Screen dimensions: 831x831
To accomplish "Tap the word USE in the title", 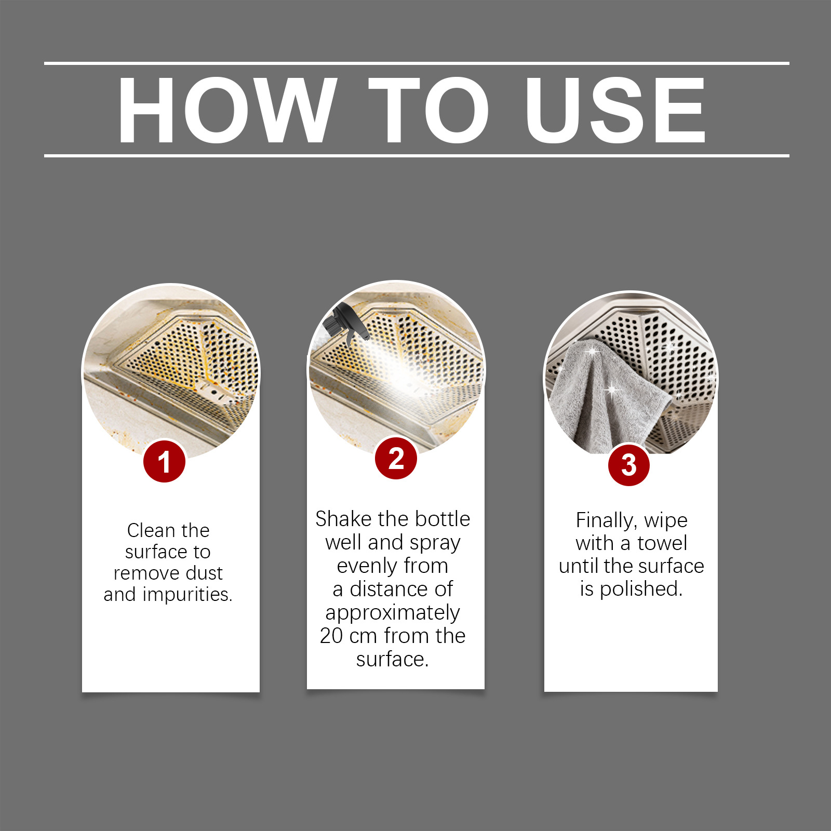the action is point(615,110).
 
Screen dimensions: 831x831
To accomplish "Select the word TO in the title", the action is point(428,110).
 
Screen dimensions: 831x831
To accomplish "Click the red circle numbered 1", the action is point(164,461).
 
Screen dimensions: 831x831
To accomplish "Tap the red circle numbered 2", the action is point(396,458).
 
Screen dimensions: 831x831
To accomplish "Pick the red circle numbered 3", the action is point(628,465).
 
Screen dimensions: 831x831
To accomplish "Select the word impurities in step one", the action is point(187,594).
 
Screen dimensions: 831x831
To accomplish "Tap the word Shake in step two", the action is point(344,519).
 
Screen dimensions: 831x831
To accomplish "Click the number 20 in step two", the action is point(331,636).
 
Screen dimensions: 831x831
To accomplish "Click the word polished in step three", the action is point(641,589).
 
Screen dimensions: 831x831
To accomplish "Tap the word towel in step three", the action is point(662,543).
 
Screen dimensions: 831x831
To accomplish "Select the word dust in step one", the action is point(204,573).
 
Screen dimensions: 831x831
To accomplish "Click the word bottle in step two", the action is point(443,519).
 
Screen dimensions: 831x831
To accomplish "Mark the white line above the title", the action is point(417,63).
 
